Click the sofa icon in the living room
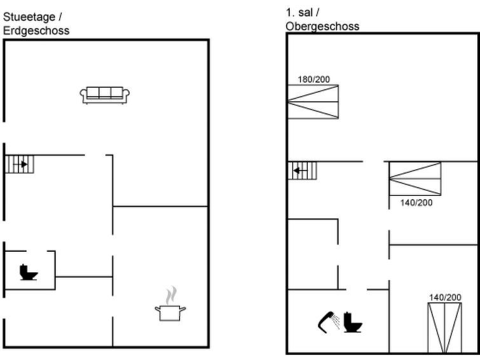104,95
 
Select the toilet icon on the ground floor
29,272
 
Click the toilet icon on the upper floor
353,322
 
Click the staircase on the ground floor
19,164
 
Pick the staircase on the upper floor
302,170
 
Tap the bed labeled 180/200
313,102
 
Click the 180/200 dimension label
314,80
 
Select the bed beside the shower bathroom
444,328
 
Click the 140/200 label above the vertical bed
445,297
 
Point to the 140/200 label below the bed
416,202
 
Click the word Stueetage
29,17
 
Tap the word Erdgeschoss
36,31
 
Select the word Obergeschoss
322,26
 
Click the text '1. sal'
299,13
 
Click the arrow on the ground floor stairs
20,164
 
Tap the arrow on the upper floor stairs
300,170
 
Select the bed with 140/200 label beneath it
415,179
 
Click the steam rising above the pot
171,295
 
